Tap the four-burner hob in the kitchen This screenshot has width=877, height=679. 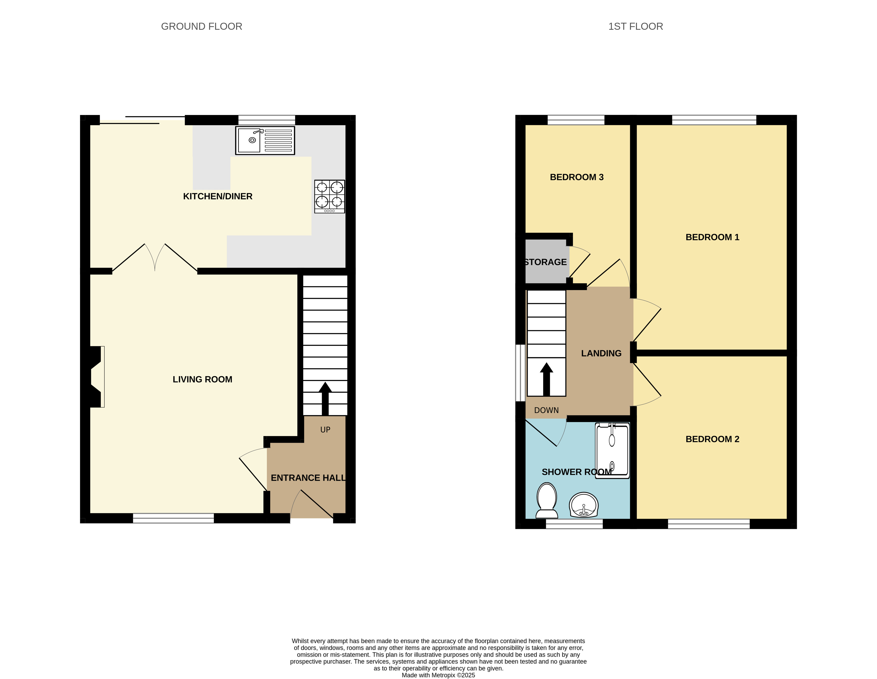tap(329, 196)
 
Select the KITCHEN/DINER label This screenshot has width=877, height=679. tap(218, 196)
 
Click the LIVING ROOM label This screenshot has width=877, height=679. tap(202, 379)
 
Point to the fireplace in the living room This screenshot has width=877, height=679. tap(96, 377)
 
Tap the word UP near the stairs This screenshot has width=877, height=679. tap(325, 430)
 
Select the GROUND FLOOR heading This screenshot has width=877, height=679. tap(202, 26)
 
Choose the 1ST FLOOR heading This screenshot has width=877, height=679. tap(636, 26)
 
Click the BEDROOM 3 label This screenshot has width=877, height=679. tap(577, 177)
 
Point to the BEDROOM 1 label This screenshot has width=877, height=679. tap(712, 237)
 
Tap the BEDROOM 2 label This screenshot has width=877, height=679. tap(712, 439)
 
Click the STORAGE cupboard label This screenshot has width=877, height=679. tap(546, 262)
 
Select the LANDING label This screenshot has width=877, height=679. tap(601, 353)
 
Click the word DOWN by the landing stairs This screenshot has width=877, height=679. tap(546, 410)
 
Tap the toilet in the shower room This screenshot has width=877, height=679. tap(547, 500)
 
